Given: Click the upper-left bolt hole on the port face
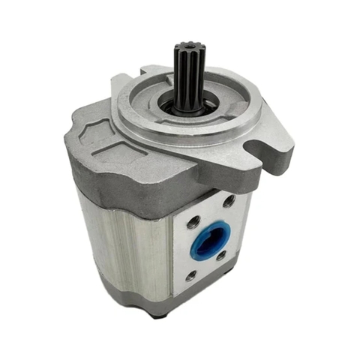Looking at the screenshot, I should [x=192, y=222].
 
